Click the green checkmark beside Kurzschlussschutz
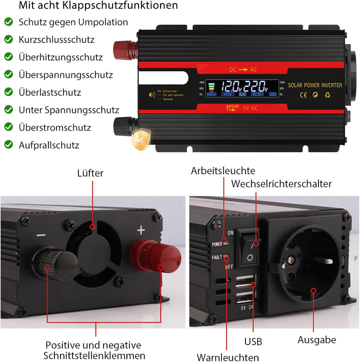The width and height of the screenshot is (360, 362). (x=8, y=39)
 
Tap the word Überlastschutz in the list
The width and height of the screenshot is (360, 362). (x=49, y=92)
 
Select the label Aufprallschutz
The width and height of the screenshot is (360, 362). (x=49, y=145)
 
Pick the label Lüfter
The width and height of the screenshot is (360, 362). (x=90, y=173)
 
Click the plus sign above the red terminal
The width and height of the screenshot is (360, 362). (x=141, y=230)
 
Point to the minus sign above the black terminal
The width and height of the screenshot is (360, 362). (x=41, y=235)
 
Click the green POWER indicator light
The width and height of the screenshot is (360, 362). (x=226, y=244)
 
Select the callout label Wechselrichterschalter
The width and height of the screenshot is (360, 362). (x=281, y=184)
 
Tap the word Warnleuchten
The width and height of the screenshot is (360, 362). (x=227, y=357)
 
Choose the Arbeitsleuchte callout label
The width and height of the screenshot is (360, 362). (x=223, y=171)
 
